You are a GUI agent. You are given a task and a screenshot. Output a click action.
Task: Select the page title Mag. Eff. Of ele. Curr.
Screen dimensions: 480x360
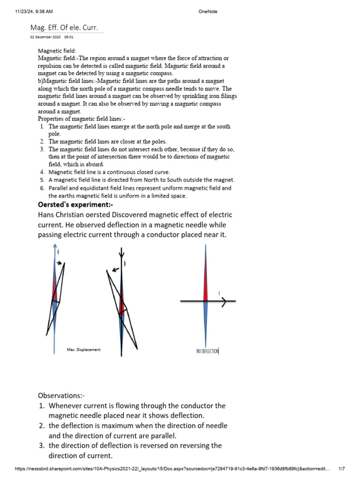click(64, 28)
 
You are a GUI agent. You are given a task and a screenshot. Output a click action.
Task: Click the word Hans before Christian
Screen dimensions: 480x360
click(47, 215)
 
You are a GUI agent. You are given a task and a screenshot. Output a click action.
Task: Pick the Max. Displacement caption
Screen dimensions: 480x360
click(83, 350)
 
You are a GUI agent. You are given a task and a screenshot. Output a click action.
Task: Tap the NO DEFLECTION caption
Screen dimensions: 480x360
click(207, 351)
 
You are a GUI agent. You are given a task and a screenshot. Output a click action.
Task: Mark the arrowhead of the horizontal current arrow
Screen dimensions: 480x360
click(225, 301)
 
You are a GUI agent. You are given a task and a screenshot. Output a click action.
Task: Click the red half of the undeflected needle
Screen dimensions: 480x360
click(205, 281)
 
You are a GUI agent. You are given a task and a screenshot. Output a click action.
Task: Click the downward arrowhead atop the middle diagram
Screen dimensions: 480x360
click(122, 255)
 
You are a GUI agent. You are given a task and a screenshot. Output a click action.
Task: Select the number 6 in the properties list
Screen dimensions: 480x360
click(42, 188)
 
